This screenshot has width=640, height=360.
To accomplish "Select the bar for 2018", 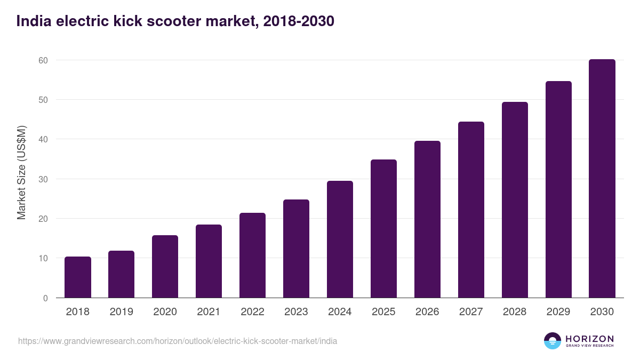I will click(78, 277).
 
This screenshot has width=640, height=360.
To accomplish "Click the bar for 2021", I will click(209, 261).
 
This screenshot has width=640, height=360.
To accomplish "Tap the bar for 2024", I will click(340, 239).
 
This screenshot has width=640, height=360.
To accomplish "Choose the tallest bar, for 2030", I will click(602, 179).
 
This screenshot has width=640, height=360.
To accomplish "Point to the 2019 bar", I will click(121, 274).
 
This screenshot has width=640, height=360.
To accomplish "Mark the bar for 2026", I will click(427, 219).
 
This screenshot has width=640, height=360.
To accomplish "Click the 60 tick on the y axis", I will click(43, 60).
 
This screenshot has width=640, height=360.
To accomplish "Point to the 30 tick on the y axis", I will click(43, 179).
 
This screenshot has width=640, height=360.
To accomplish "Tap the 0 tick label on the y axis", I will click(45, 298).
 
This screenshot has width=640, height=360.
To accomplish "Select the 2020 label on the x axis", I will click(165, 312).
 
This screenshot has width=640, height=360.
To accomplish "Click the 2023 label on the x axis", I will click(296, 312).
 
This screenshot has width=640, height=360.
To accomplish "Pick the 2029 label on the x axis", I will click(558, 312).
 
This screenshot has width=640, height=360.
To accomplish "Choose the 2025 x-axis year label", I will click(383, 312).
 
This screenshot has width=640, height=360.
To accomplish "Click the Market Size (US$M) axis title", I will click(21, 172).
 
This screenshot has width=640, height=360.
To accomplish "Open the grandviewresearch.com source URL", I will click(178, 341).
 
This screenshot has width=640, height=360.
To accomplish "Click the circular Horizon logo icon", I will click(553, 341).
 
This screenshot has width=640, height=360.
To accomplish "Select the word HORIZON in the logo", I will click(589, 338).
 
